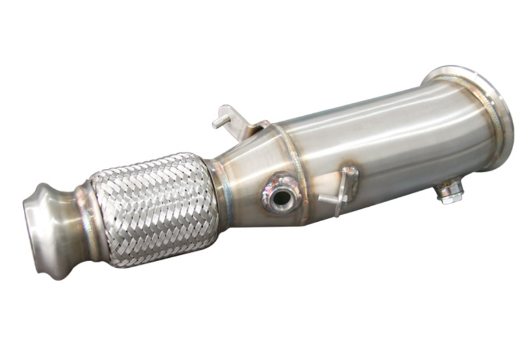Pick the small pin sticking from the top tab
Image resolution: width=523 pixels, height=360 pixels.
point(220,121)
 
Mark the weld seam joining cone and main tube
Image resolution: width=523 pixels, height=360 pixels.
point(296,168)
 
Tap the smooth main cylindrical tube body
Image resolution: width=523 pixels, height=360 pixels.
point(395,139)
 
